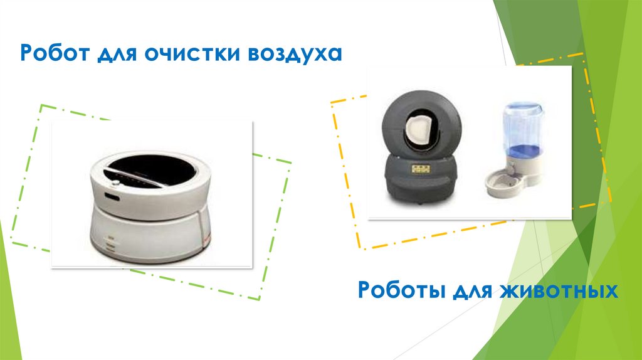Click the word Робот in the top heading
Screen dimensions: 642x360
pos(55,53)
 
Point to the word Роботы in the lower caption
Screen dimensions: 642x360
pos(402,290)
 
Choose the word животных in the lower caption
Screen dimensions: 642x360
pos(559,290)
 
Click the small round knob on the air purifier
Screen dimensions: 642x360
pos(116,183)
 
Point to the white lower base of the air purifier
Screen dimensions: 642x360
pos(150,238)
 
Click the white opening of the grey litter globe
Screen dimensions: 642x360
pos(418,130)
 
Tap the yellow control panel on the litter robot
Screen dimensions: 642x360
pos(421,169)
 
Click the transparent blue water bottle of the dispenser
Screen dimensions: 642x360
pos(523,129)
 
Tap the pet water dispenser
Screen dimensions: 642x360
pos(515,149)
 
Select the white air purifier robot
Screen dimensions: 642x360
pos(150,208)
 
